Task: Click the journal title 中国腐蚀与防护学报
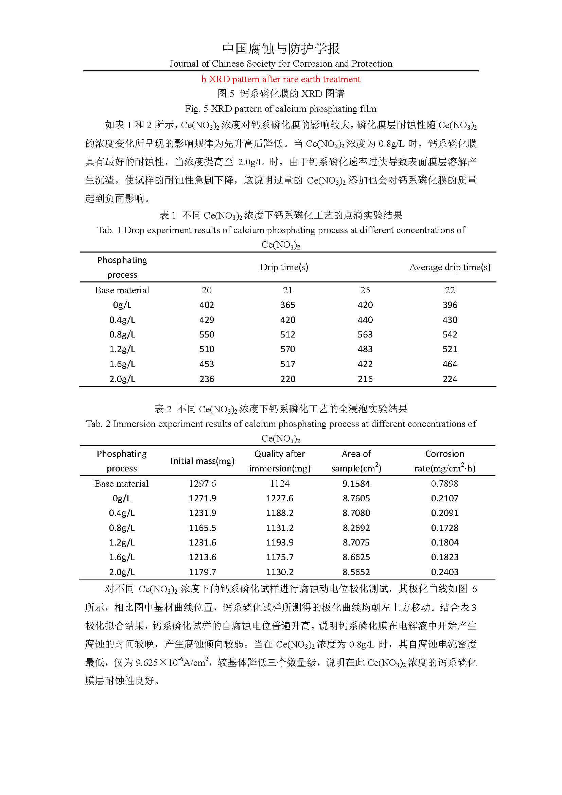(x=281, y=49)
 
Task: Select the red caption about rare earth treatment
(x=281, y=79)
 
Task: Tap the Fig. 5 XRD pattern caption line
(x=281, y=109)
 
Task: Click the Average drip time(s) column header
(x=450, y=267)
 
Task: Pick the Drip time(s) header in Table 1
(x=284, y=267)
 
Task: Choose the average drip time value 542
(x=450, y=334)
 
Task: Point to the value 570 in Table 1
(x=287, y=349)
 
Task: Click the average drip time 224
(x=450, y=379)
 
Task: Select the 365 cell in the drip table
(x=287, y=305)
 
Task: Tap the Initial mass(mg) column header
(x=203, y=461)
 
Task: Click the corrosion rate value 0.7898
(x=444, y=483)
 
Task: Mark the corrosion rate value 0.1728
(x=444, y=528)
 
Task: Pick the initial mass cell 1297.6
(x=203, y=483)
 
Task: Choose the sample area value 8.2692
(x=356, y=528)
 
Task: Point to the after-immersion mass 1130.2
(x=280, y=572)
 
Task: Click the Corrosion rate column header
(x=445, y=461)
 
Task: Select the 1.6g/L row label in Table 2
(x=122, y=557)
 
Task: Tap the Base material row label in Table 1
(x=122, y=290)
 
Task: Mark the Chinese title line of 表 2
(x=281, y=409)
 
